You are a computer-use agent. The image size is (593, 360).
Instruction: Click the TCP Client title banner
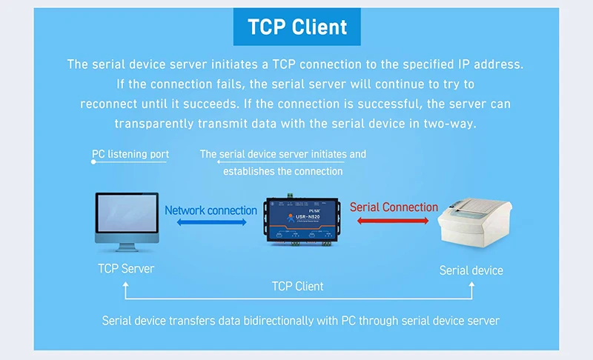[296, 27]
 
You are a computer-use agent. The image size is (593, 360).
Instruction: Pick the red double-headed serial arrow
[394, 220]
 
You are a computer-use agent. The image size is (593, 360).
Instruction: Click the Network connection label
[211, 210]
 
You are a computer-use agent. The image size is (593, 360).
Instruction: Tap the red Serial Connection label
[394, 207]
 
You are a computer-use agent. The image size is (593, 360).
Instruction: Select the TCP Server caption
[126, 268]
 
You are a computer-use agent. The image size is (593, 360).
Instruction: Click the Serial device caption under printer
[471, 270]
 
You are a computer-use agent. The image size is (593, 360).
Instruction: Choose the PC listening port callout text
[131, 154]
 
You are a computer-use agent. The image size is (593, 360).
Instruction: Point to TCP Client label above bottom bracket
[297, 286]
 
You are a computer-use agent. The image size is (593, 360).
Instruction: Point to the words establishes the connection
[283, 171]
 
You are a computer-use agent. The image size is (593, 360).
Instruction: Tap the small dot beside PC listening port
[93, 161]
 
